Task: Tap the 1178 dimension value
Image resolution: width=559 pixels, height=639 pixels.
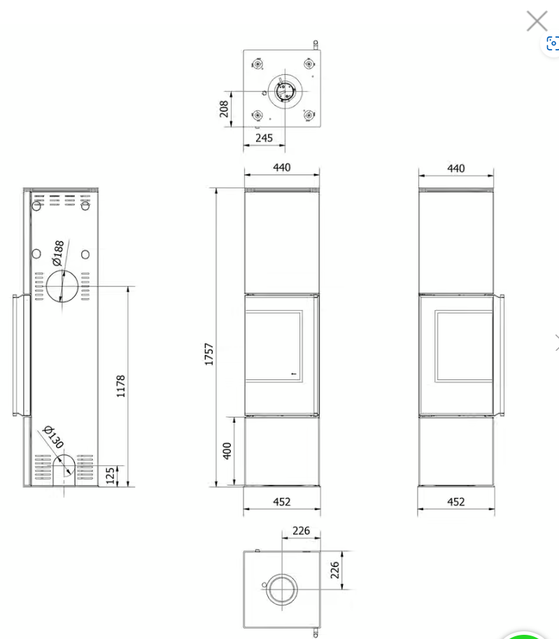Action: click(x=120, y=386)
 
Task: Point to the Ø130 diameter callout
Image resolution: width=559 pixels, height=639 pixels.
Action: click(x=52, y=437)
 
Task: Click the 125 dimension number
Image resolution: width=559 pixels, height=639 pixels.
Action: click(x=110, y=476)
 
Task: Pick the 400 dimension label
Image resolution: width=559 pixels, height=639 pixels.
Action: click(x=226, y=451)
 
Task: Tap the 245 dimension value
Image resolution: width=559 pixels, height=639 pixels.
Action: click(x=264, y=138)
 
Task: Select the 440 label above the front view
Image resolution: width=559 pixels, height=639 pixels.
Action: click(x=281, y=168)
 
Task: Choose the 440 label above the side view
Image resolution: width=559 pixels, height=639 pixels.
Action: click(x=455, y=168)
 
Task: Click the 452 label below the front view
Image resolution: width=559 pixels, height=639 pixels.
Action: click(x=281, y=502)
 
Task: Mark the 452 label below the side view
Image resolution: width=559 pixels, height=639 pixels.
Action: click(x=455, y=502)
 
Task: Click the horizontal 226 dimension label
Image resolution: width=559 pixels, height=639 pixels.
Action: click(x=301, y=531)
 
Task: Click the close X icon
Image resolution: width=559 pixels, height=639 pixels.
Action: click(x=537, y=21)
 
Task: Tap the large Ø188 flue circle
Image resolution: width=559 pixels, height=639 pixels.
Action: click(x=63, y=287)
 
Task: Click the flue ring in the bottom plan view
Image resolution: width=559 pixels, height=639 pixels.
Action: click(x=281, y=591)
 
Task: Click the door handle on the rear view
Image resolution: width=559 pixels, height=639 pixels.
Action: click(x=20, y=356)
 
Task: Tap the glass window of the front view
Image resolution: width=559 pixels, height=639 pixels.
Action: click(x=276, y=347)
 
